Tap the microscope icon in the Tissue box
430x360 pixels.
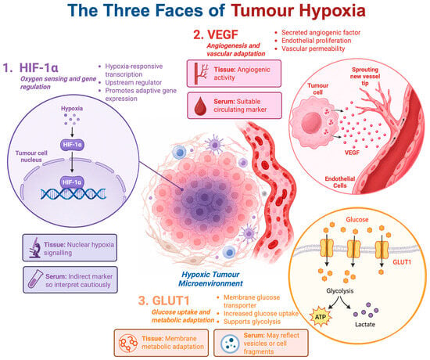pyautogui.click(x=35, y=247)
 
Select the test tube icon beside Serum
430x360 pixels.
pyautogui.click(x=36, y=279)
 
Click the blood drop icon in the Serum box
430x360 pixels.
pyautogui.click(x=200, y=106)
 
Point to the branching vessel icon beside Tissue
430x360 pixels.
pyautogui.click(x=201, y=74)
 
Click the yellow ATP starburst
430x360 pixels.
pyautogui.click(x=320, y=317)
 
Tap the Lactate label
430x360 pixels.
pyautogui.click(x=365, y=324)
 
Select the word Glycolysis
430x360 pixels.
pyautogui.click(x=340, y=291)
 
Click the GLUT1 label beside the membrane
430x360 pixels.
pyautogui.click(x=402, y=262)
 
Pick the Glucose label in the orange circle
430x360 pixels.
pyautogui.click(x=357, y=219)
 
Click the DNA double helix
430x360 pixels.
pyautogui.click(x=73, y=193)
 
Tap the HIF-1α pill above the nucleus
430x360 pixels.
pyautogui.click(x=72, y=145)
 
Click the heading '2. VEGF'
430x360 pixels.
pyautogui.click(x=216, y=34)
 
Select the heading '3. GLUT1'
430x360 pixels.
pyautogui.click(x=163, y=301)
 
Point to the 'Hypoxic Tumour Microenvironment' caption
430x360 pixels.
pyautogui.click(x=210, y=279)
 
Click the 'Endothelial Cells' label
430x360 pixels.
pyautogui.click(x=340, y=182)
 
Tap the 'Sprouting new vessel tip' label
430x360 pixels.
pyautogui.click(x=365, y=76)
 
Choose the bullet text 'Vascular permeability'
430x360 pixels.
pyautogui.click(x=314, y=49)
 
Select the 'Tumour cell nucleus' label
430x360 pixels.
pyautogui.click(x=31, y=157)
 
